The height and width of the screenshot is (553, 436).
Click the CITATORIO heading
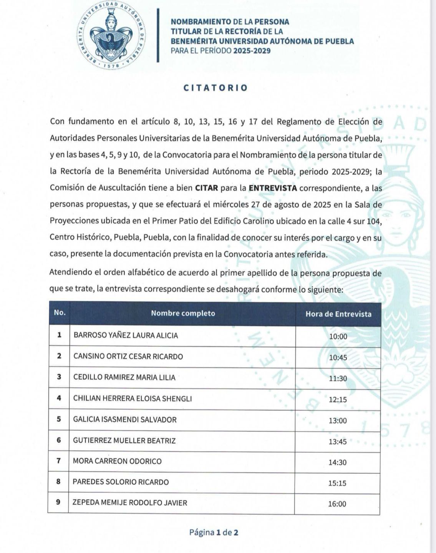pyautogui.click(x=216, y=88)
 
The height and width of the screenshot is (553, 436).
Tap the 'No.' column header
pyautogui.click(x=60, y=313)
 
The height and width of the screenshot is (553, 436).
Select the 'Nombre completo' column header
pyautogui.click(x=183, y=313)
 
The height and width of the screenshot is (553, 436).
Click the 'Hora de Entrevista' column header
pyautogui.click(x=338, y=314)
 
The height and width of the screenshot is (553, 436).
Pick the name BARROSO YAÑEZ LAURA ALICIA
pyautogui.click(x=126, y=335)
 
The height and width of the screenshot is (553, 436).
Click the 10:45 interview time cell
pyautogui.click(x=338, y=358)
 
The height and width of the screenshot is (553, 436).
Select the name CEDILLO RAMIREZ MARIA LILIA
pyautogui.click(x=124, y=377)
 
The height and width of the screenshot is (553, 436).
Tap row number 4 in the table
pyautogui.click(x=59, y=398)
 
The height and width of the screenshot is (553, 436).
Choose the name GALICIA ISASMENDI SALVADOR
pyautogui.click(x=125, y=419)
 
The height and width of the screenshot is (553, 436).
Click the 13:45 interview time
pyautogui.click(x=338, y=442)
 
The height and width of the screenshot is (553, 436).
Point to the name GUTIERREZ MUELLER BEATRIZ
pyautogui.click(x=124, y=440)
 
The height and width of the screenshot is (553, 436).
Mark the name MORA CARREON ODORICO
pyautogui.click(x=117, y=461)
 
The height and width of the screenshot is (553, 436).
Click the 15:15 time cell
pyautogui.click(x=337, y=483)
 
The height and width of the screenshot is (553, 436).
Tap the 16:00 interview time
pyautogui.click(x=337, y=504)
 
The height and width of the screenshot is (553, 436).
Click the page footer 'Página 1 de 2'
pyautogui.click(x=214, y=533)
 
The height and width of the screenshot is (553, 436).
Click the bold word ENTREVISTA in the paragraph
pyautogui.click(x=273, y=188)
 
